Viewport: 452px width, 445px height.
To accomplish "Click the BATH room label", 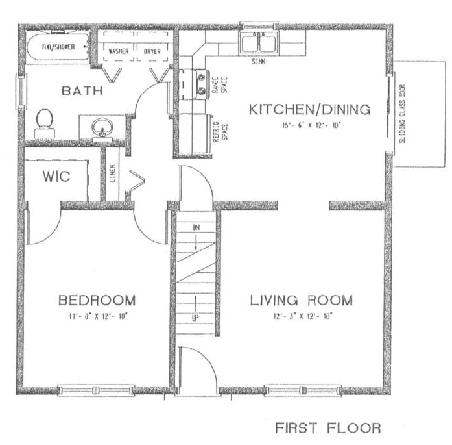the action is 82,91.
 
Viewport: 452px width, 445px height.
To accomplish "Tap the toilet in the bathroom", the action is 45,123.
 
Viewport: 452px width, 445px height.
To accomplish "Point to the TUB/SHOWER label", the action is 58,47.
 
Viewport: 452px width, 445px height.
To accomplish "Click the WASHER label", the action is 119,51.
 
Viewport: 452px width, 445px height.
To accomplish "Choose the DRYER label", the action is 152,51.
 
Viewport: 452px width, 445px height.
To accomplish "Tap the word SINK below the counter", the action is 259,62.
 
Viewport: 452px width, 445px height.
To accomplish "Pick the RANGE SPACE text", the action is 220,84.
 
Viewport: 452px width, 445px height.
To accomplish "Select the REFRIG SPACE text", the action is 220,132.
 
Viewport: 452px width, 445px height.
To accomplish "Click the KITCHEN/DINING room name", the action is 309,109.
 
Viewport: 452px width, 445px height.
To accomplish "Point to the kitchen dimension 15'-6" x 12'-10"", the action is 311,125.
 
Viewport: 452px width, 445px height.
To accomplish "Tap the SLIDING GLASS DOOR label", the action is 403,114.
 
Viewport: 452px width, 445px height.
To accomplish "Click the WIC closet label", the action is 56,177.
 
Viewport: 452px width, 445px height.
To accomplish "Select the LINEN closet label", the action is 112,173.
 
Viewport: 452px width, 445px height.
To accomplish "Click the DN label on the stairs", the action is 196,227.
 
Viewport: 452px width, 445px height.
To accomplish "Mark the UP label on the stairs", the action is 195,318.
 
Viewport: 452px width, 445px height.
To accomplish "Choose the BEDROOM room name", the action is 97,300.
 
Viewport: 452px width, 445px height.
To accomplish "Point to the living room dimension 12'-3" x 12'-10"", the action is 303,316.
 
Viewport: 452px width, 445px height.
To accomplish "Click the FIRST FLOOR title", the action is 328,427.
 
